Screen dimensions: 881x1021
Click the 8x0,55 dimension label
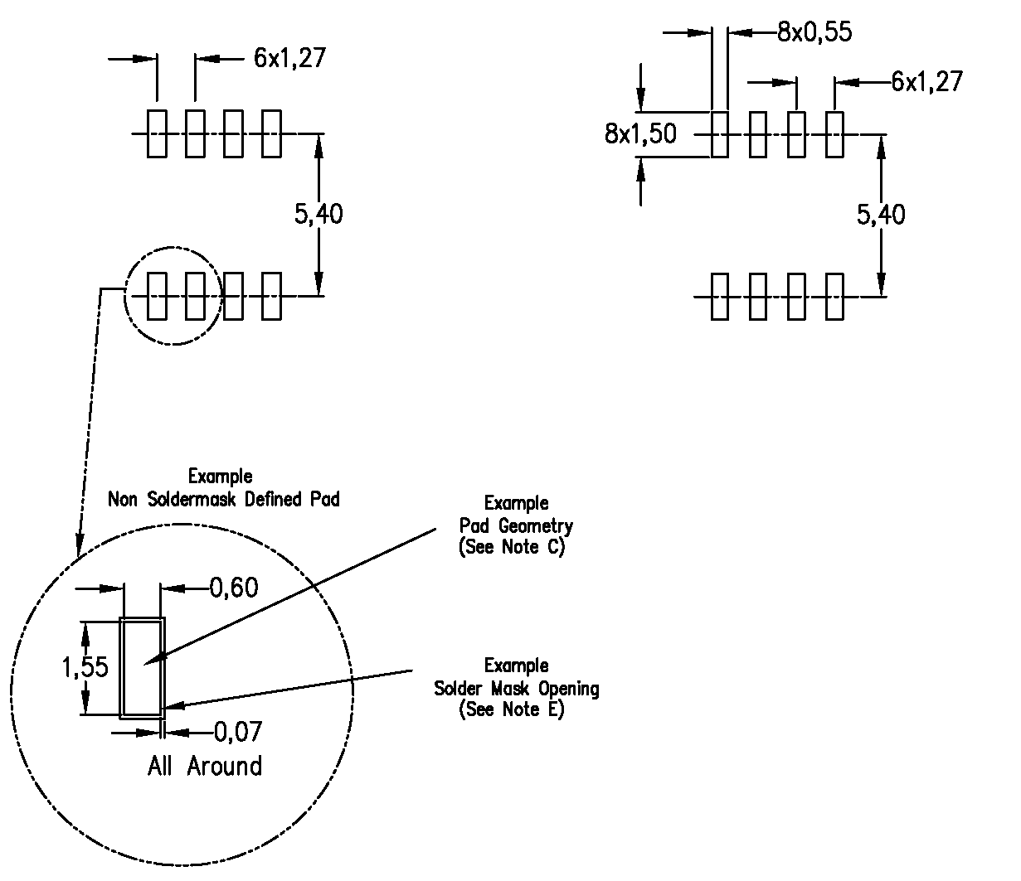point(814,32)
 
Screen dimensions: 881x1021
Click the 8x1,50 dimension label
point(639,133)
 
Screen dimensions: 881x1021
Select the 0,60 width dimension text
point(233,588)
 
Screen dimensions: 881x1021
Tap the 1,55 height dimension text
point(85,667)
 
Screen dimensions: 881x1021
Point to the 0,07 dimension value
point(238,732)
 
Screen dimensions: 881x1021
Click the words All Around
point(205,766)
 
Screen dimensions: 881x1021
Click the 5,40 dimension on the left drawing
point(318,215)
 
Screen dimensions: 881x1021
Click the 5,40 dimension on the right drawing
point(881,215)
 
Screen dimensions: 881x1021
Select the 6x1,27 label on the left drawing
point(289,58)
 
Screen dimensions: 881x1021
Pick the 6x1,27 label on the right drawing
point(926,81)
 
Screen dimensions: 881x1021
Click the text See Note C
point(512,548)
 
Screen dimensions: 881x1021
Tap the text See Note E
point(512,710)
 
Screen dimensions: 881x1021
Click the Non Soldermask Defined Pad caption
point(224,501)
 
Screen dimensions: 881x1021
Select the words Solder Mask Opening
point(517,689)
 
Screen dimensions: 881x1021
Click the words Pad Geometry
point(516,525)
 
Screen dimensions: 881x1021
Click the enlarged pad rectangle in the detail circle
point(142,667)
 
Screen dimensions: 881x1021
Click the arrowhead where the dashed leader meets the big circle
point(78,549)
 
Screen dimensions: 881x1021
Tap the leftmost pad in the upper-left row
point(156,133)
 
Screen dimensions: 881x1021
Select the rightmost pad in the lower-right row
point(834,296)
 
